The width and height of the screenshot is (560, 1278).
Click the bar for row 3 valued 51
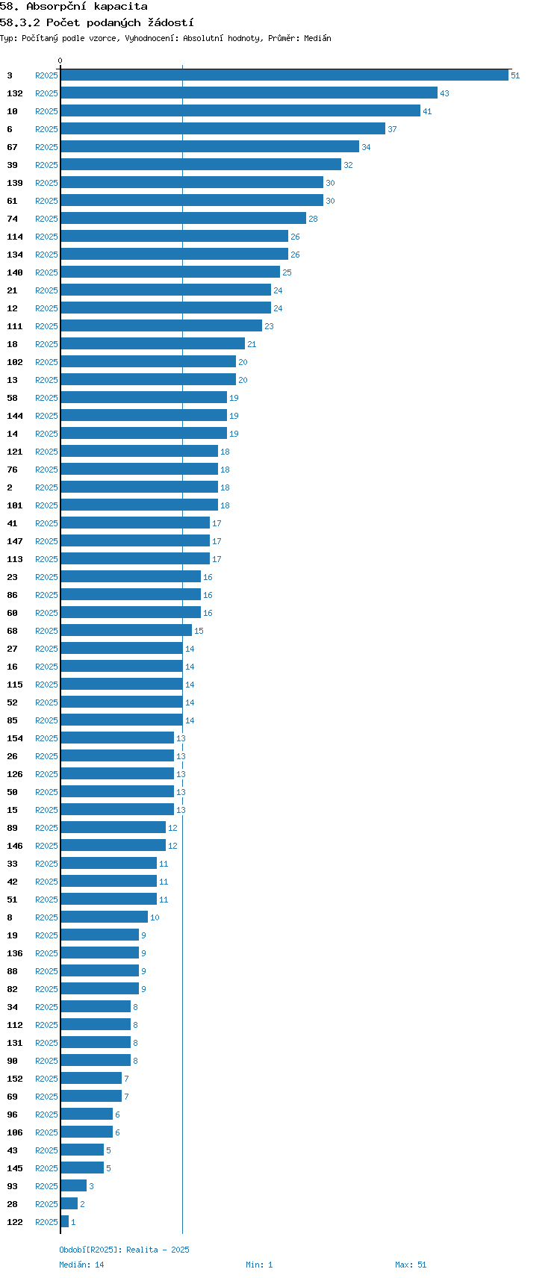click(284, 75)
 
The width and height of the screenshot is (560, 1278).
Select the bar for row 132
click(249, 93)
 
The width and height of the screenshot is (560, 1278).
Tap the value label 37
click(392, 129)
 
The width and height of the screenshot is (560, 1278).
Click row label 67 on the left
click(12, 147)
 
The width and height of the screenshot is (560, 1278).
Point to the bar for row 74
click(183, 219)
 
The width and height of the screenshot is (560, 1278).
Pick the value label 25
click(287, 272)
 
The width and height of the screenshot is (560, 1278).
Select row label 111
click(15, 326)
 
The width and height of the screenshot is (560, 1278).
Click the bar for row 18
click(153, 344)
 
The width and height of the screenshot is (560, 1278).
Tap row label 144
click(15, 416)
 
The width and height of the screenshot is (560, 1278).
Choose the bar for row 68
click(126, 631)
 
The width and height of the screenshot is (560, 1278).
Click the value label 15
click(199, 631)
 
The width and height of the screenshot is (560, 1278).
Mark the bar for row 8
click(105, 917)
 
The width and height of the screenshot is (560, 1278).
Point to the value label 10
click(155, 917)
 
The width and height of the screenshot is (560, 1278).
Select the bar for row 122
click(64, 1221)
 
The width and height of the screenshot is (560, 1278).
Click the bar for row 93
click(74, 1185)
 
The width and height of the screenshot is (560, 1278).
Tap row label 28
click(12, 1204)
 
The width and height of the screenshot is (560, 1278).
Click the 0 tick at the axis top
click(60, 60)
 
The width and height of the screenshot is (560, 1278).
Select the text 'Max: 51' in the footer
click(411, 1265)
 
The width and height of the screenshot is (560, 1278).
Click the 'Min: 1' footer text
click(259, 1265)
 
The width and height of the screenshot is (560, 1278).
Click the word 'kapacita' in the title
click(120, 6)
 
